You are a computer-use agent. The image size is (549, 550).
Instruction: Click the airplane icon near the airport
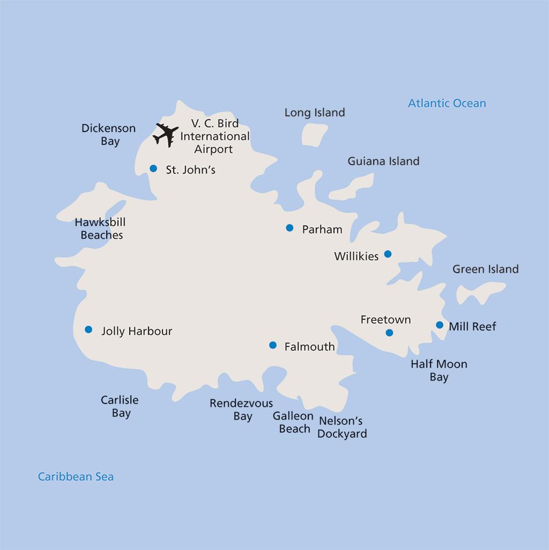point(166,135)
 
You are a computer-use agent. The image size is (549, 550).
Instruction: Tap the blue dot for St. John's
point(153,168)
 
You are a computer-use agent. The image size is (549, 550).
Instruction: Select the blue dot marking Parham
point(290,228)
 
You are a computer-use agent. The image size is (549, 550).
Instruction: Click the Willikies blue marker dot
point(388,254)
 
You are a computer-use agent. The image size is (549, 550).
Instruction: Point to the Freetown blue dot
point(390,333)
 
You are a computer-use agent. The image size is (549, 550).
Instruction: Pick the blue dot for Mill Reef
point(440,325)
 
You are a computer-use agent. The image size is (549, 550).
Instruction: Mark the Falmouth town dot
point(273,345)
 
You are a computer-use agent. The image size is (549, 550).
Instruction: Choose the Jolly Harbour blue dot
point(88,329)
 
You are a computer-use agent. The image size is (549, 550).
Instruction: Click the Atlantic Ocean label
point(447,103)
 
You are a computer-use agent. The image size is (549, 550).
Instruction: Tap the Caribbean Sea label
point(76,476)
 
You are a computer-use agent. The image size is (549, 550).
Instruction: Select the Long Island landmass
point(314,135)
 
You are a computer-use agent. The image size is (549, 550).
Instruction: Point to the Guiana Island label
point(383,161)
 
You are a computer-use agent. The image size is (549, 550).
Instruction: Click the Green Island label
point(485,269)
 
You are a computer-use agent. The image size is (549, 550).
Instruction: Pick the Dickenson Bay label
point(109,135)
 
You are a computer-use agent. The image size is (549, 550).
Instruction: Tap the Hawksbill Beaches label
point(100,229)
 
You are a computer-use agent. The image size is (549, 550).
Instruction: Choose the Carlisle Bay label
point(120,406)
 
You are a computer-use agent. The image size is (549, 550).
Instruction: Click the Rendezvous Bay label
point(241,409)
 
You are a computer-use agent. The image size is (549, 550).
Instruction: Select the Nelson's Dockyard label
point(342,427)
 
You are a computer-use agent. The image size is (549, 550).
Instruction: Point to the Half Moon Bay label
point(439,370)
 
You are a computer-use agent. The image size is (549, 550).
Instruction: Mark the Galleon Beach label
point(293,422)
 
